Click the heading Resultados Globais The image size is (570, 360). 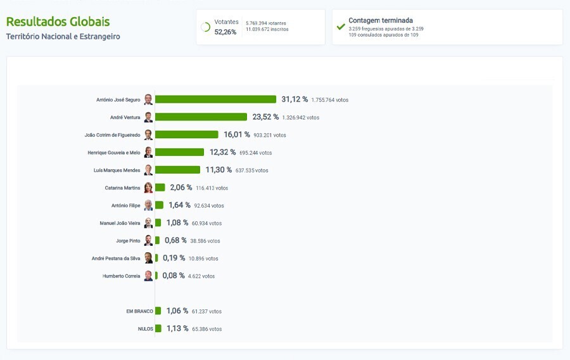coord(58,22)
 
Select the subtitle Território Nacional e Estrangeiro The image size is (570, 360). coord(63,37)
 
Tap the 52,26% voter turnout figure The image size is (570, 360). coord(225,32)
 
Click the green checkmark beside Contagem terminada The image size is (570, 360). coord(341,27)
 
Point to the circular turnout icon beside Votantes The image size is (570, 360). coord(205,27)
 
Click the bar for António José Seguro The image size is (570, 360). coord(215,100)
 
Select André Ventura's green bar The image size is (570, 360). coord(201,117)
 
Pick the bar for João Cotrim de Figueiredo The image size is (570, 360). coord(187,135)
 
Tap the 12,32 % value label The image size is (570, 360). coord(222,153)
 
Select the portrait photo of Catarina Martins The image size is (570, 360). coord(148,188)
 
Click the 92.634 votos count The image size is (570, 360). coord(208,206)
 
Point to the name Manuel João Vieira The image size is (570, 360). coord(120,223)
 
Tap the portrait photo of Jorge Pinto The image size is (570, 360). coord(148,240)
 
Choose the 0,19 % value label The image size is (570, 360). coord(174,259)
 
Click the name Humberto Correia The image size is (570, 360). coord(122,276)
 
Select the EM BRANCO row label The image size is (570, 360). coord(139,311)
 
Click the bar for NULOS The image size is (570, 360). coord(158,328)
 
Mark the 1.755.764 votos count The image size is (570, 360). coord(329,100)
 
